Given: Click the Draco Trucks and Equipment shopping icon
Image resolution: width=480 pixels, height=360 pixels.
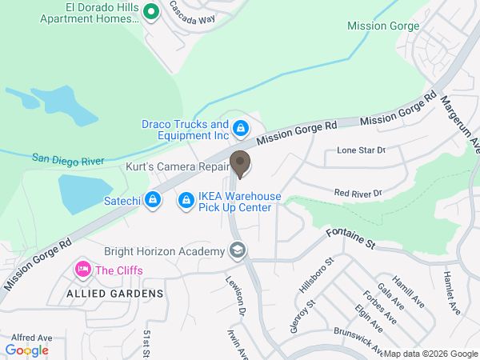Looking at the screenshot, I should click(240, 128).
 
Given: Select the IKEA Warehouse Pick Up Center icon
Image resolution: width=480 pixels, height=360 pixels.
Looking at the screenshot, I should click(186, 199).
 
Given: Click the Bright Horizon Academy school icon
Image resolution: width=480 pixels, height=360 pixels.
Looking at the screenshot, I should click(238, 252).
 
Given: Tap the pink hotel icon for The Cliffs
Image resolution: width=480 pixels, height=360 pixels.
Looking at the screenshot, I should click(82, 270).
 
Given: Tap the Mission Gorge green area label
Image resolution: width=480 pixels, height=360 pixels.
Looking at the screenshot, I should click(383, 26).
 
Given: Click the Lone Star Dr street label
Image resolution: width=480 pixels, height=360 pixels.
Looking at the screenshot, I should click(361, 150).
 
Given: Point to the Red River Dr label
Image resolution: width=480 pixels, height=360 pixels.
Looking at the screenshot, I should click(358, 193).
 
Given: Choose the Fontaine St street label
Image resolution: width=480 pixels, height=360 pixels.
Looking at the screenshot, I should click(350, 237).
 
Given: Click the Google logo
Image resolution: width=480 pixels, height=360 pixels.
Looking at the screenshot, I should click(27, 350).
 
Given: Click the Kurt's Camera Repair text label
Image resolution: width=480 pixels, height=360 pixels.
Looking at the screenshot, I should click(166, 169).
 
